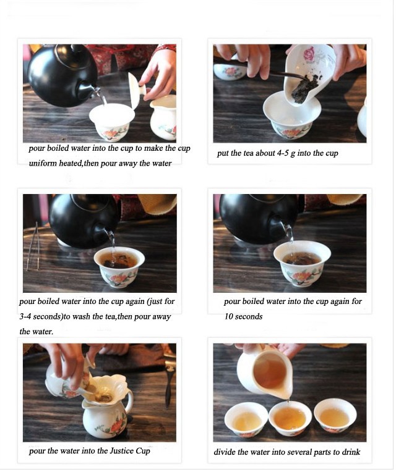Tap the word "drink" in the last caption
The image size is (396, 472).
[351, 452]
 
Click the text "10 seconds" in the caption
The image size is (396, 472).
[243, 316]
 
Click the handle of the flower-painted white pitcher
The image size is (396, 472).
[129, 401]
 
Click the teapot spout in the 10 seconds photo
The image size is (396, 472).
[278, 229]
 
